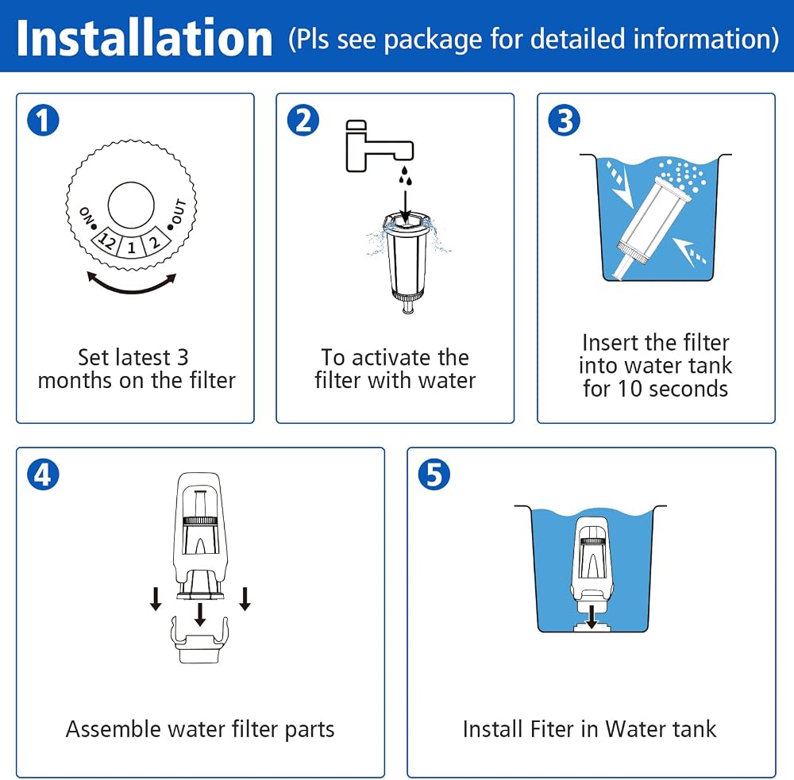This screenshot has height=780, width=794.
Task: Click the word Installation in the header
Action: click(145, 38)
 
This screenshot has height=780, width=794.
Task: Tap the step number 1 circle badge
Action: click(43, 121)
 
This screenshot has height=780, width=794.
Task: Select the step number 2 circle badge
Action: click(303, 121)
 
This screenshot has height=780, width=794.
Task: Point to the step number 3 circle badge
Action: click(564, 121)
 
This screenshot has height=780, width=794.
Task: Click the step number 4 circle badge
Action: click(43, 475)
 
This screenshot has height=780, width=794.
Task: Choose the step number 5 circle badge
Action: click(434, 475)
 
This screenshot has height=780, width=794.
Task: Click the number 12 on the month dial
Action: click(107, 241)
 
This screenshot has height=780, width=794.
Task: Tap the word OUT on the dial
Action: click(179, 212)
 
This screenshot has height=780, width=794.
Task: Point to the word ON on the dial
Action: click(87, 216)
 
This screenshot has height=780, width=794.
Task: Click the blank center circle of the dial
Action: click(131, 205)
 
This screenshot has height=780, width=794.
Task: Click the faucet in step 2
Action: click(380, 146)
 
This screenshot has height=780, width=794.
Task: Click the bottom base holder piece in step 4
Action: click(200, 639)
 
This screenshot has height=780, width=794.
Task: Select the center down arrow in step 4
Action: click(201, 614)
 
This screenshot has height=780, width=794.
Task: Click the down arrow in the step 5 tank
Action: click(592, 616)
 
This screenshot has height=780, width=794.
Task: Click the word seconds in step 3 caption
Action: click(688, 389)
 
